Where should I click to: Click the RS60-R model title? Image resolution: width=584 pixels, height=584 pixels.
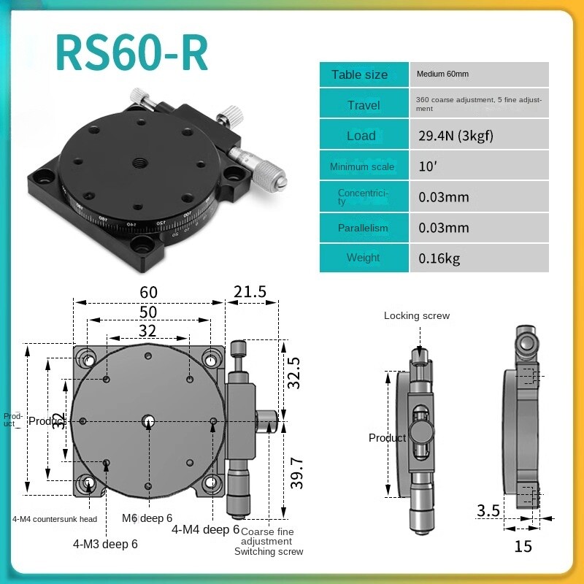click(131, 53)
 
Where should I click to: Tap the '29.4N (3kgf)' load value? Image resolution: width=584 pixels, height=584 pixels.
click(448, 136)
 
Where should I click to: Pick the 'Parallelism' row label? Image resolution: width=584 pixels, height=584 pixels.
click(364, 228)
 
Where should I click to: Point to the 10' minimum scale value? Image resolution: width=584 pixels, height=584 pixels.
click(427, 166)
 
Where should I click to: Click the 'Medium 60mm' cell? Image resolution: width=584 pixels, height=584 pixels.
click(442, 74)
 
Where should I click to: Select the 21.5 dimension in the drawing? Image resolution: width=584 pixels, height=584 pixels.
click(250, 292)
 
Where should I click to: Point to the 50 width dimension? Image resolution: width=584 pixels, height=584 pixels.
click(148, 312)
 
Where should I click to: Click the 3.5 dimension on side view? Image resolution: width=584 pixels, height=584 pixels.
click(488, 510)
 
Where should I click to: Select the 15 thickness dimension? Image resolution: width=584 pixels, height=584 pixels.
click(523, 545)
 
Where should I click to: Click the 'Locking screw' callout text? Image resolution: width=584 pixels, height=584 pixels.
click(417, 316)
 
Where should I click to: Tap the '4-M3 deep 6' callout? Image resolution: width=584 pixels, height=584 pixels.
click(105, 543)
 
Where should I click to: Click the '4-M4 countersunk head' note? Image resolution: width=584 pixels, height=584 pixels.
click(55, 519)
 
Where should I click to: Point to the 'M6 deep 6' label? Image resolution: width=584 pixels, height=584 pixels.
click(147, 518)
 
